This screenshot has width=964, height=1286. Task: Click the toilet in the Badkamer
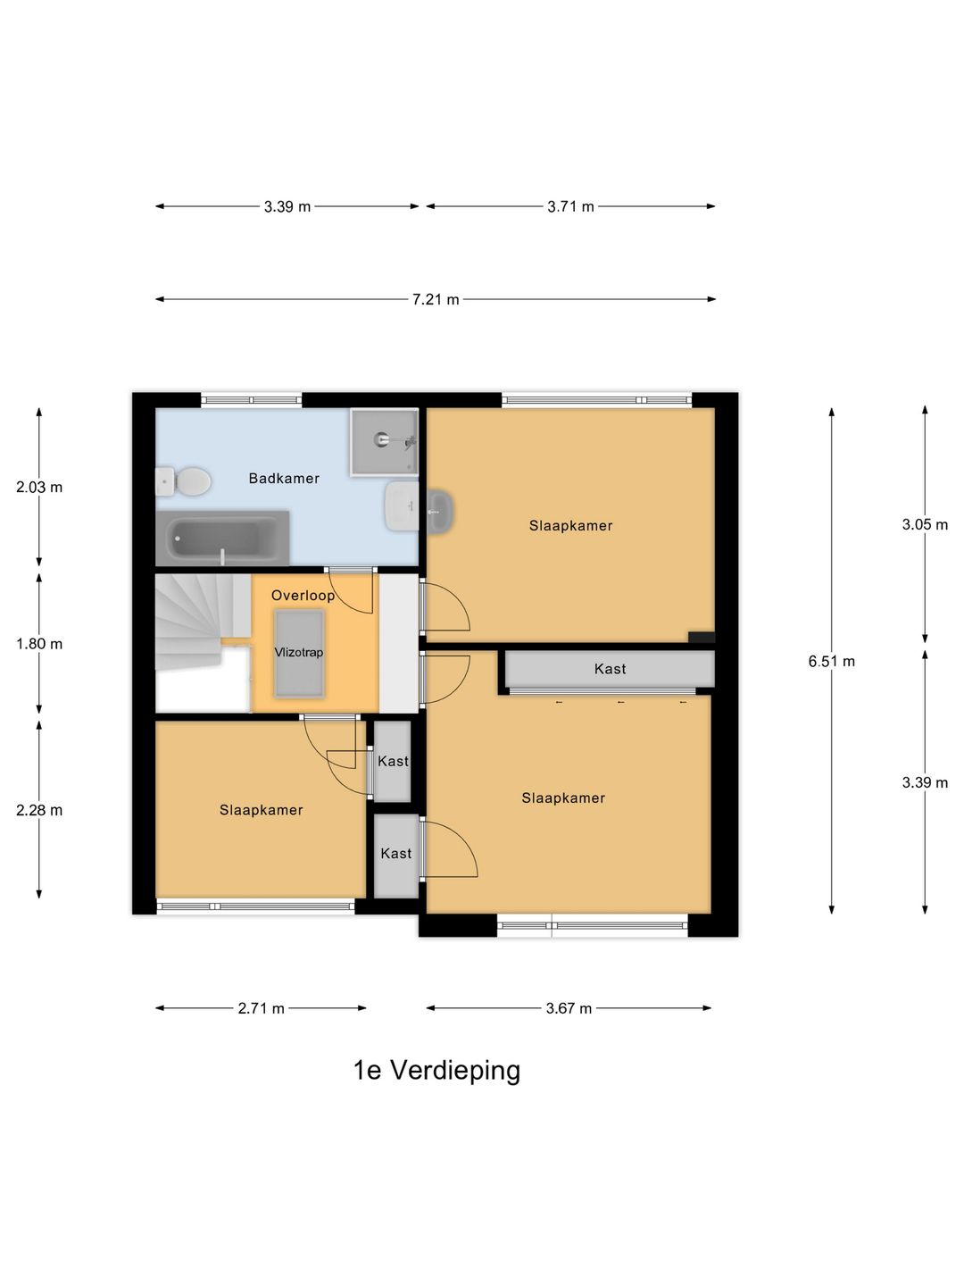pos(185,482)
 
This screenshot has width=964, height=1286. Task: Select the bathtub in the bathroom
pos(223,539)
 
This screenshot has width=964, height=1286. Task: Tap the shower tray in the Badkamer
pos(384,441)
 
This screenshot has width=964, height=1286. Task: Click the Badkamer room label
pos(284,479)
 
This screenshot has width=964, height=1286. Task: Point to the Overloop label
pos(303,596)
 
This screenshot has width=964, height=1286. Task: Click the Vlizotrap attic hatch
pos(299,653)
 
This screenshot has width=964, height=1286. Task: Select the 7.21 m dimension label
pos(436,299)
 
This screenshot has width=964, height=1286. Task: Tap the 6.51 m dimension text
pos(831,662)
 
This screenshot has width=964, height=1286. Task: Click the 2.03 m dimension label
pos(39,488)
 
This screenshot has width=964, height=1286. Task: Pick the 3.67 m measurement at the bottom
pos(569,1008)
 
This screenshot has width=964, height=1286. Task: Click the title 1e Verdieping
pos(436,1070)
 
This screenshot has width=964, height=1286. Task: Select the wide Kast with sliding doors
pos(611,669)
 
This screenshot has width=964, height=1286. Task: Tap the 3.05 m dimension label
pos(925,525)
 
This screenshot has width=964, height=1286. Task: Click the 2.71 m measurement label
pos(261,1008)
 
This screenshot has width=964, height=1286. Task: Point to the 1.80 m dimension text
pos(39,644)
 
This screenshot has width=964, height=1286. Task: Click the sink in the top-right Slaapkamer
pos(439,512)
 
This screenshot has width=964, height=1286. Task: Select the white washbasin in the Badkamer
pos(401,505)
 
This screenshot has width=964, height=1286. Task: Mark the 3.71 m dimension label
pos(570,206)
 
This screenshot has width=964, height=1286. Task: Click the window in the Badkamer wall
pos(251,400)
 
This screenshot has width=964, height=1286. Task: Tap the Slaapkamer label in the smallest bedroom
pos(262,810)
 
